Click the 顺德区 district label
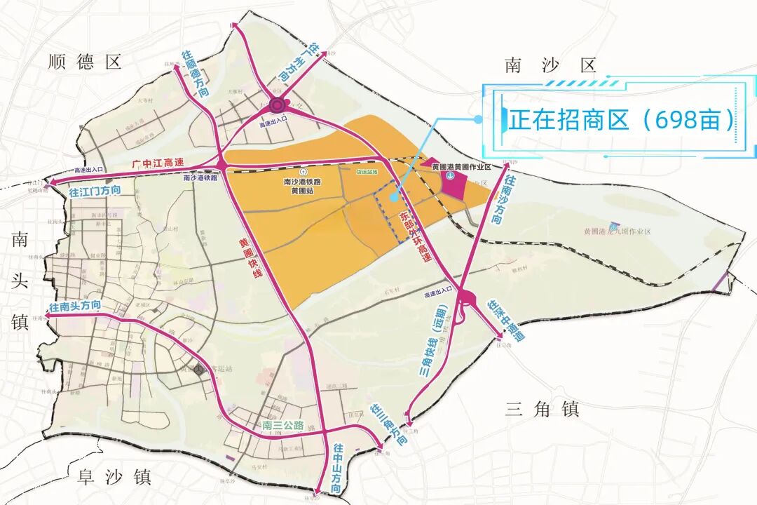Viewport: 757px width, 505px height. (85, 62)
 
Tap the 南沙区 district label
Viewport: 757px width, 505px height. (550, 66)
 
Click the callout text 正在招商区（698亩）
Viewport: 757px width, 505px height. (622, 119)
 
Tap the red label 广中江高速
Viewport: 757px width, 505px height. (158, 163)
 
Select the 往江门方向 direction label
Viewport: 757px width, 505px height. (95, 191)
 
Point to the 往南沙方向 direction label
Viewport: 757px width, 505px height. (503, 200)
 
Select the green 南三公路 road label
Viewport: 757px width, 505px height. (283, 426)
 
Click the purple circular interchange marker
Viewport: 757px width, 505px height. (276, 106)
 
